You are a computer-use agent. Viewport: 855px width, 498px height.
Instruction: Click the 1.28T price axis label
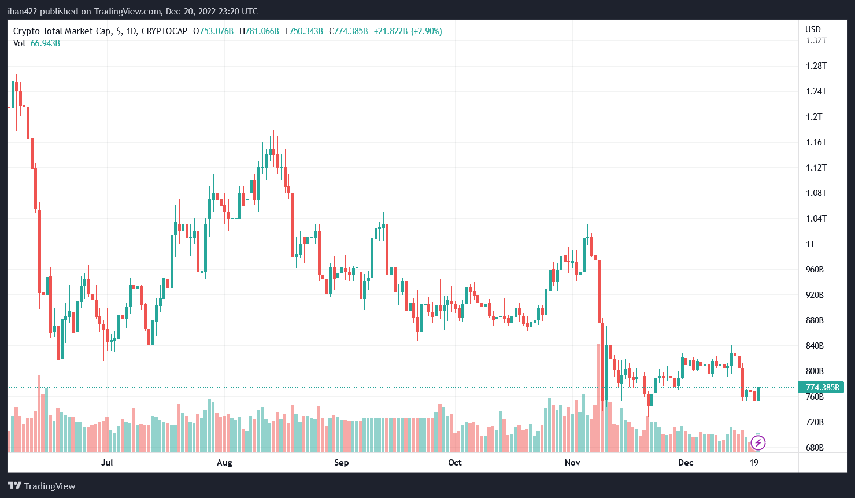816,66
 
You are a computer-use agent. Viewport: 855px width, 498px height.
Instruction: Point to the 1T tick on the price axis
810,244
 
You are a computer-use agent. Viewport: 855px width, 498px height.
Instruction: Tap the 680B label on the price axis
815,448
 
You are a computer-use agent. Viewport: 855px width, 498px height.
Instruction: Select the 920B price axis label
815,295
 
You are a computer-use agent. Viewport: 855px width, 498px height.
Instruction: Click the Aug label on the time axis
224,463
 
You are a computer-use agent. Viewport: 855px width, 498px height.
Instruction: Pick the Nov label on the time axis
572,463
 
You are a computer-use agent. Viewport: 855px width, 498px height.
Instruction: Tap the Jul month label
106,463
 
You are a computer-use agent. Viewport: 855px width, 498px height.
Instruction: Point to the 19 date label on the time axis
753,463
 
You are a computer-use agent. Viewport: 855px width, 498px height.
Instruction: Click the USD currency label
813,29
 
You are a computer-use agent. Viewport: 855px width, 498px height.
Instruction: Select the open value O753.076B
213,31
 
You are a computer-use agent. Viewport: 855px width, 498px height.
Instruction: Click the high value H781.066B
259,31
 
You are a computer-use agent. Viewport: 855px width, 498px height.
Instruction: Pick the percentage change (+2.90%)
426,31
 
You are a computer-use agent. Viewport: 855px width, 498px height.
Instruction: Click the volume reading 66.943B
45,43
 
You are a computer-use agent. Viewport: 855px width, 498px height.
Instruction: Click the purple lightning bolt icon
757,443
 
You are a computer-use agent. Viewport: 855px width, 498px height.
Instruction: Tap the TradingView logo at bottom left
42,486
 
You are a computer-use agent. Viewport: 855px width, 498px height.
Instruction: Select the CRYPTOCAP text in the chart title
164,31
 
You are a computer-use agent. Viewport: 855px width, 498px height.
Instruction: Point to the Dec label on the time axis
686,463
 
